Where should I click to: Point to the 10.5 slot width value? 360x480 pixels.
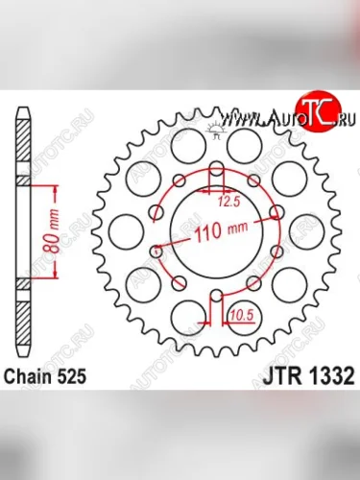pyautogui.click(x=241, y=312)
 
